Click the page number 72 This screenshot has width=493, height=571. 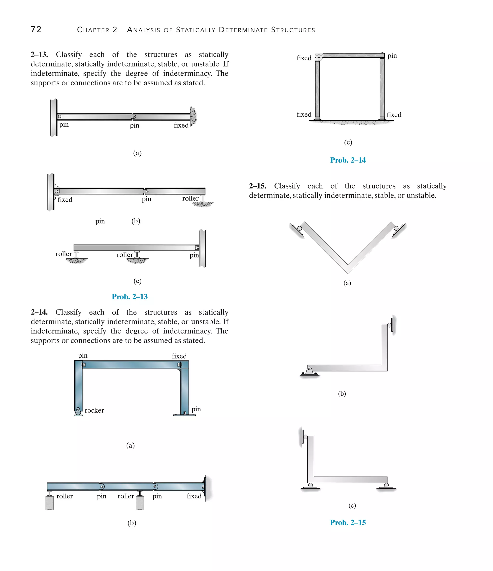(x=36, y=29)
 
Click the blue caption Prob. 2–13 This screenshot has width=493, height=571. (x=130, y=297)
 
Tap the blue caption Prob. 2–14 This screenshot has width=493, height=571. (x=348, y=160)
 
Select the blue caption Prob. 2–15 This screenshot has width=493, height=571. (x=348, y=523)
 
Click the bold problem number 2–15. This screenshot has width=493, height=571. (x=258, y=186)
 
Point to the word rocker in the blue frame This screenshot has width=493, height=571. (x=94, y=410)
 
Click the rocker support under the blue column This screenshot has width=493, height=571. (x=78, y=412)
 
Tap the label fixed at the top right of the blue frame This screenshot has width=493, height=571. (x=179, y=356)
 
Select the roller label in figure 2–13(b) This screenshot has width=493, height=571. (x=190, y=198)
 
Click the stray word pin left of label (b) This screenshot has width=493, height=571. (x=100, y=221)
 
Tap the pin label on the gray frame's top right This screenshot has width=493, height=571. (x=392, y=56)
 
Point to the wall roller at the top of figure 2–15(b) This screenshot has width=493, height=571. (x=389, y=325)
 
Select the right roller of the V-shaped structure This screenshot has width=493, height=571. (x=396, y=228)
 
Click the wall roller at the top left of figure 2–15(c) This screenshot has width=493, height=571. (x=305, y=437)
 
